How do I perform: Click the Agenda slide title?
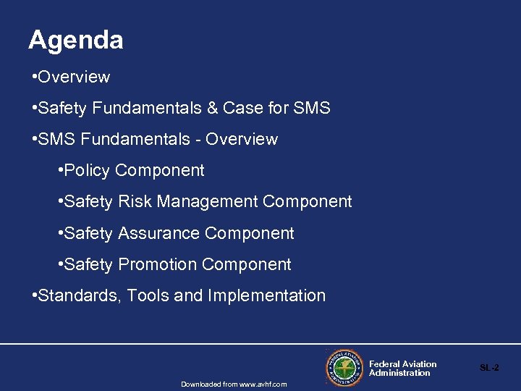tap(76, 40)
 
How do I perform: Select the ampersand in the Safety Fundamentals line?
tap(212, 109)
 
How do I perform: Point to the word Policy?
tap(88, 171)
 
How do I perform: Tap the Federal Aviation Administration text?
tap(402, 369)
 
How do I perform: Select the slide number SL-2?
tap(489, 368)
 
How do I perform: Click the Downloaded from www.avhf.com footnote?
tap(234, 384)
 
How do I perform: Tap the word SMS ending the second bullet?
tap(312, 109)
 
